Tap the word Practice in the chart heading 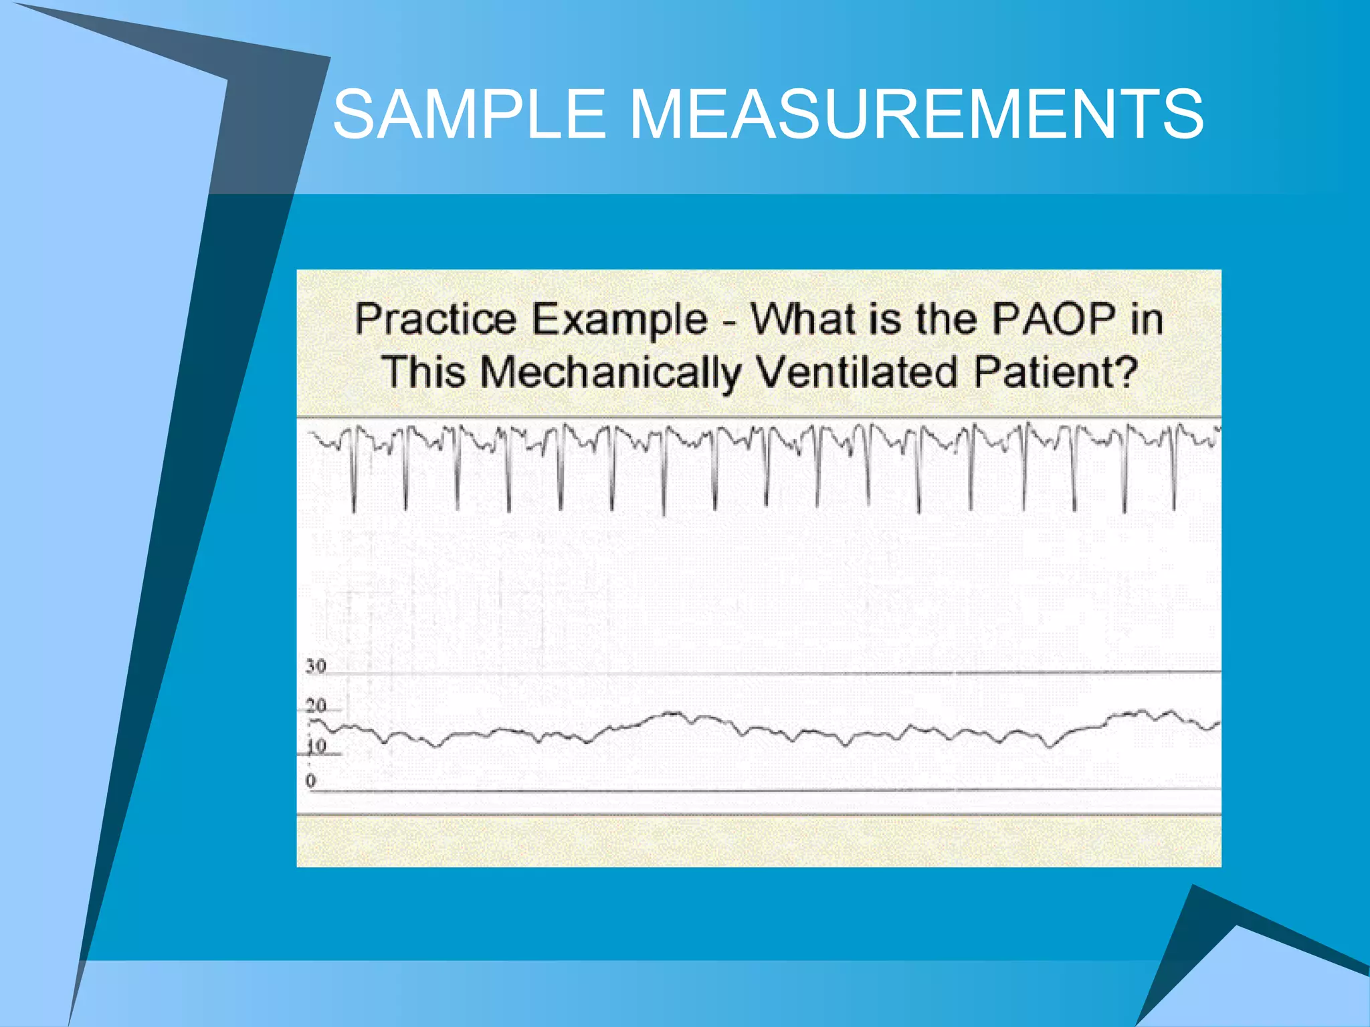(435, 320)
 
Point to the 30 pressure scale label (316, 666)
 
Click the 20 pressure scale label (316, 705)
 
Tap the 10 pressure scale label (316, 746)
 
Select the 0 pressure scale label (310, 780)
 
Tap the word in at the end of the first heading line (1147, 319)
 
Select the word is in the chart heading (882, 319)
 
